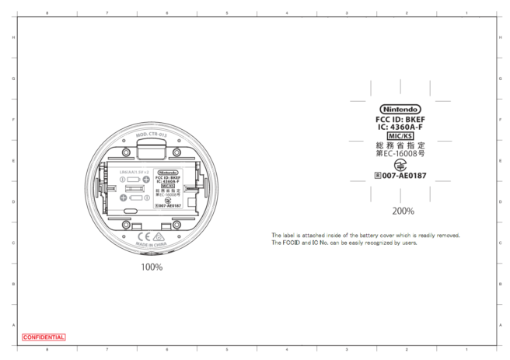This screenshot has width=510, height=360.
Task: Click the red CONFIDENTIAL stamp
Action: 44,337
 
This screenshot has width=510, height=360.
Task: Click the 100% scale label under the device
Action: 152,267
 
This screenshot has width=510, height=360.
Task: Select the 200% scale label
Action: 403,211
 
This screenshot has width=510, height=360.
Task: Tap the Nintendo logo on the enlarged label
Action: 400,109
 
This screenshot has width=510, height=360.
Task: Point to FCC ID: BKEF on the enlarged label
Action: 400,119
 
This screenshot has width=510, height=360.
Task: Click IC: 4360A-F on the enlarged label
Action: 400,127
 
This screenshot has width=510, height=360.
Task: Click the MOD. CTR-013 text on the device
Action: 152,135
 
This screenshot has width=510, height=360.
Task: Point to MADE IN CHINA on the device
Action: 152,244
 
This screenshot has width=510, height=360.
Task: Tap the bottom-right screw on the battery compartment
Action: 178,225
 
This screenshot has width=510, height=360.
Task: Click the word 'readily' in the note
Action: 428,235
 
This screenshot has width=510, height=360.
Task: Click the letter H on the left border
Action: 13,37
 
